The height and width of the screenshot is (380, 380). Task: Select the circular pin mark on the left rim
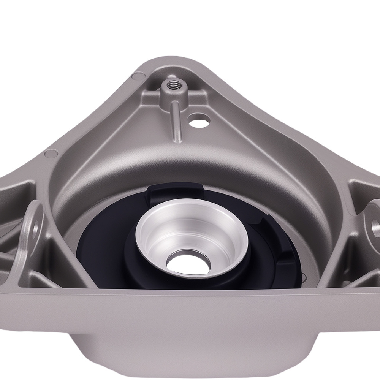click(49, 154)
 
